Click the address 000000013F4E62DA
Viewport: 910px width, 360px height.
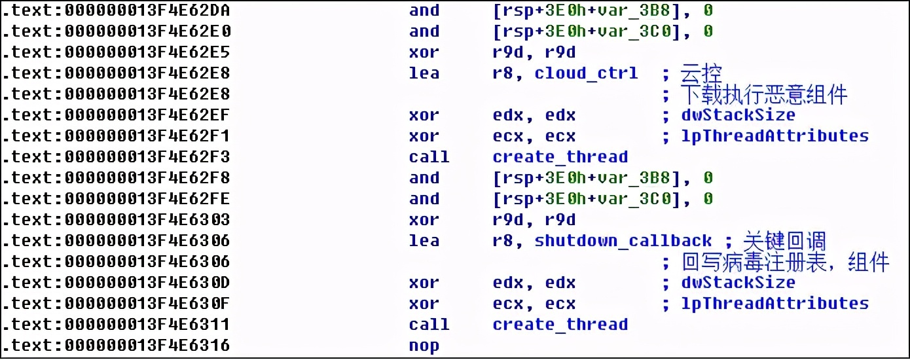coord(147,10)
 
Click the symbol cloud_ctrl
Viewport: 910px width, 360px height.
coord(586,73)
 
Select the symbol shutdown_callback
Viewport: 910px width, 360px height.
coord(623,240)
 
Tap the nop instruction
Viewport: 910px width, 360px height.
coord(424,346)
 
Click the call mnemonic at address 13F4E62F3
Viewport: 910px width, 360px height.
coord(429,157)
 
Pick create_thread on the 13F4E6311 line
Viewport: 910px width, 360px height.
coord(560,325)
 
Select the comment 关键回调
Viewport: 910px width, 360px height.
coord(785,241)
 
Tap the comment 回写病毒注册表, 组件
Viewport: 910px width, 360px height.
coord(785,262)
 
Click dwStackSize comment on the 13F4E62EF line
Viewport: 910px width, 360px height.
coord(738,115)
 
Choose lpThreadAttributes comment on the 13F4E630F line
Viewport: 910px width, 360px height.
coord(775,304)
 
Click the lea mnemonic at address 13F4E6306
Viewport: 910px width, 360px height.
coord(424,240)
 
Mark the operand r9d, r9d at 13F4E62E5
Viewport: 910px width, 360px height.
coord(534,52)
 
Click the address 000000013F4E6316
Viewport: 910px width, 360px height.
coord(147,346)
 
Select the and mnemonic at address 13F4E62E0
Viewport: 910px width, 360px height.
coord(424,31)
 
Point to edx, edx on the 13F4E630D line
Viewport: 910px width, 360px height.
coord(534,283)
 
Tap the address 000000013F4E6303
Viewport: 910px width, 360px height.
coord(147,220)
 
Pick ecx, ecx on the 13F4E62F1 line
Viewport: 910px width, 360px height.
coord(534,136)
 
